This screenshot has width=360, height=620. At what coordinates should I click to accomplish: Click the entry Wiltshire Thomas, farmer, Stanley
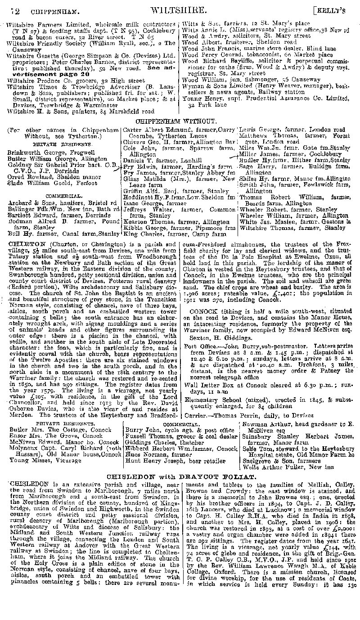tap(292, 228)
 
